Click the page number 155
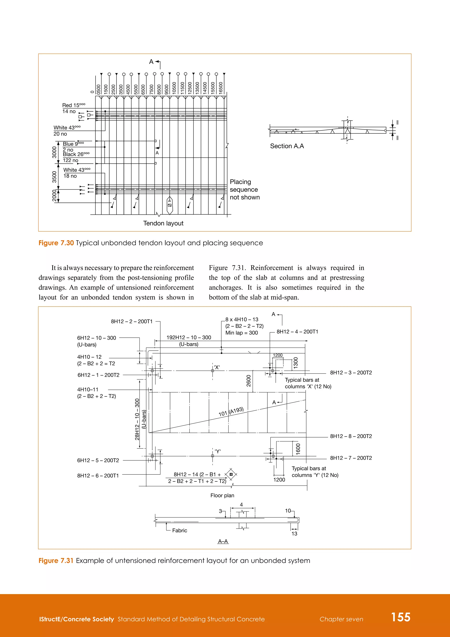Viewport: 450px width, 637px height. pyautogui.click(x=400, y=617)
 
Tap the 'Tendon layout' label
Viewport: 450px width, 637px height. pyautogui.click(x=163, y=223)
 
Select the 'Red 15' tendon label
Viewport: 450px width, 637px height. pyautogui.click(x=73, y=105)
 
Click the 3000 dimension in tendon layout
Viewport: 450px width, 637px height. pyautogui.click(x=54, y=152)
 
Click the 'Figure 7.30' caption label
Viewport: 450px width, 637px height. pyautogui.click(x=56, y=243)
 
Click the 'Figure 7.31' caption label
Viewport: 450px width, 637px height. pyautogui.click(x=56, y=560)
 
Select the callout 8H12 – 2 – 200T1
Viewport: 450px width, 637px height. pyautogui.click(x=132, y=321)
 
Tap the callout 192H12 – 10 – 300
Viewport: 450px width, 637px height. pyautogui.click(x=189, y=337)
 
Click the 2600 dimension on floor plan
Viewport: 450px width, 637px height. pyautogui.click(x=249, y=381)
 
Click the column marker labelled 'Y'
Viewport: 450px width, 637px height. pyautogui.click(x=218, y=451)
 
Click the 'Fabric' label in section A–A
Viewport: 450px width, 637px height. pyautogui.click(x=180, y=531)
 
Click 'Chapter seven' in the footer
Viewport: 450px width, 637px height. pyautogui.click(x=341, y=619)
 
